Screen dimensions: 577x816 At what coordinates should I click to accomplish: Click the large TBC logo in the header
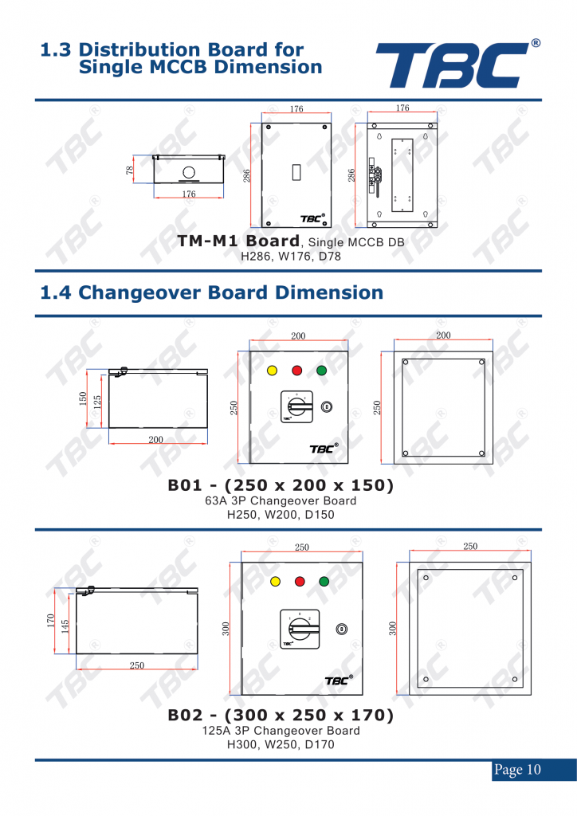[x=457, y=65]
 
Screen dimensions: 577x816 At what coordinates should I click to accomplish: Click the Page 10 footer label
[x=517, y=770]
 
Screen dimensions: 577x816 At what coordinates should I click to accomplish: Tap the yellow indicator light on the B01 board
[x=272, y=371]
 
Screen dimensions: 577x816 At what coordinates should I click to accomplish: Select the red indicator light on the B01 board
[x=297, y=371]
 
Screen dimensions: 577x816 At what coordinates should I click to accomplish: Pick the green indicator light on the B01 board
[x=321, y=371]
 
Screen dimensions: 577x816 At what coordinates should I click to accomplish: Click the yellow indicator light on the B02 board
[x=275, y=581]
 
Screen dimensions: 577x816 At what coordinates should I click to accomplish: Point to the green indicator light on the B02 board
[x=324, y=581]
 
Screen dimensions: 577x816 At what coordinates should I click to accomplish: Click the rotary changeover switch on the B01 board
[x=296, y=406]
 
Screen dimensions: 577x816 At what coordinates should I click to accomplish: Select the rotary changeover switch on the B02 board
[x=300, y=629]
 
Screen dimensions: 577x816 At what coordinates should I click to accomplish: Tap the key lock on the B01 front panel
[x=327, y=406]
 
